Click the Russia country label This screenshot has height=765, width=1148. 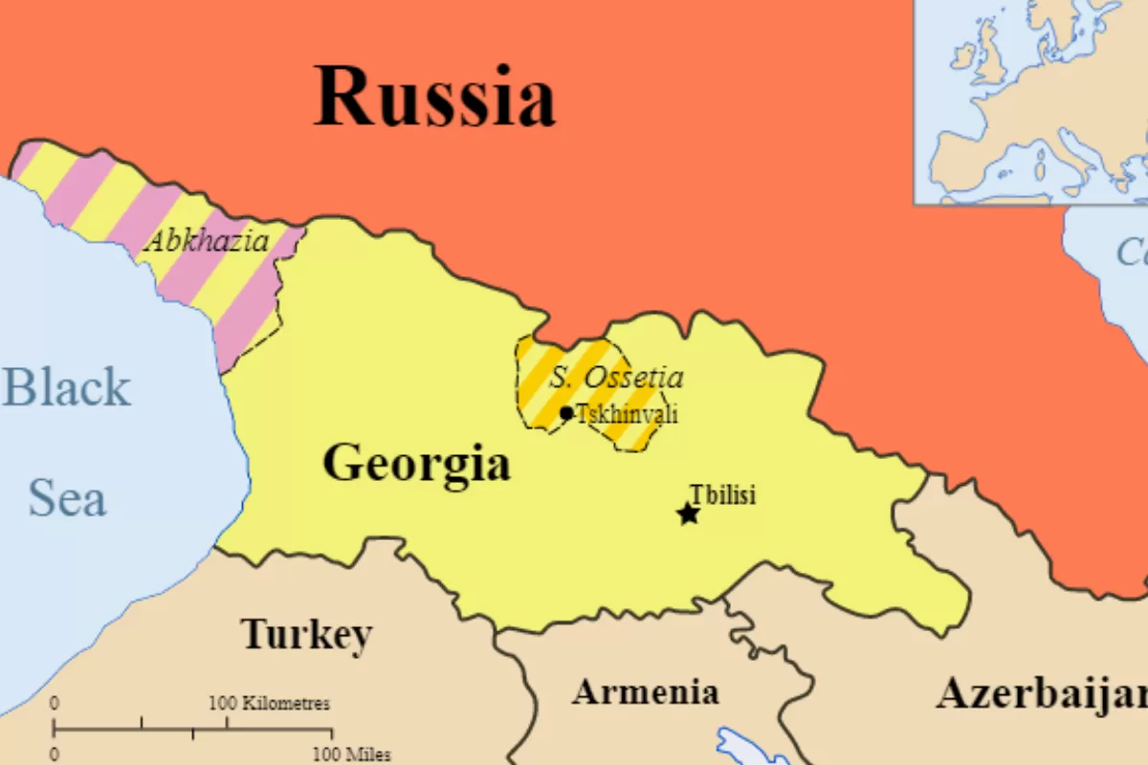click(x=435, y=98)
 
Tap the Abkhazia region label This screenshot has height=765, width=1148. click(x=207, y=241)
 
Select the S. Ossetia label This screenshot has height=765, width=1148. click(x=616, y=377)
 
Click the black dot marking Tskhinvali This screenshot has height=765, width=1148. click(x=566, y=413)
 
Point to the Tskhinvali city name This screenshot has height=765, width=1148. click(x=628, y=414)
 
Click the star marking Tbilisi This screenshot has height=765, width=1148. click(x=688, y=514)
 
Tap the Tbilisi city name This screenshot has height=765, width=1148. click(x=723, y=494)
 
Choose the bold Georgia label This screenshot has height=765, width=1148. click(x=416, y=464)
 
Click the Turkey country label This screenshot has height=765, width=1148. click(x=306, y=634)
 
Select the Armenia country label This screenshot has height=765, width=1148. click(x=645, y=691)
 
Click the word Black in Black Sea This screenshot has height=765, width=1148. click(x=67, y=387)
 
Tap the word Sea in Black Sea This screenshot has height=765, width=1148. click(x=67, y=498)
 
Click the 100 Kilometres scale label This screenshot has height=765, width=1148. click(x=269, y=704)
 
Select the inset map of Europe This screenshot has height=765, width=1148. click(x=1030, y=100)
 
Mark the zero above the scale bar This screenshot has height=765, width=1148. click(x=55, y=704)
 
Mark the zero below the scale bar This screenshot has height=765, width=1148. click(x=55, y=754)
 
